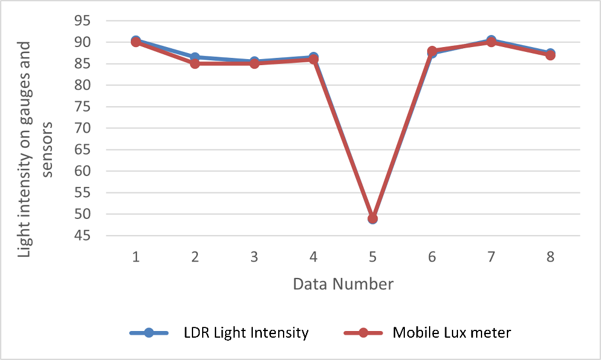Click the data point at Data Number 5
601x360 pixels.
click(372, 218)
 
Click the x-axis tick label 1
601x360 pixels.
click(136, 257)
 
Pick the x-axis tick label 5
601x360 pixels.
click(372, 257)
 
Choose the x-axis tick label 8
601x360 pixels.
click(550, 257)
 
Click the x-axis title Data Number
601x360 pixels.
click(343, 283)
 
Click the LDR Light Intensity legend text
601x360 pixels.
click(246, 332)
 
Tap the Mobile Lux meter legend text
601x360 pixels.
click(451, 332)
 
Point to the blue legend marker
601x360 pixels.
click(150, 332)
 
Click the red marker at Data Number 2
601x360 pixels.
click(195, 63)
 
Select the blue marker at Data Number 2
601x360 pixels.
click(195, 57)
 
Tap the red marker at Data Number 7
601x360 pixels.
click(491, 42)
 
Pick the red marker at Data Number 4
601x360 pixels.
click(313, 60)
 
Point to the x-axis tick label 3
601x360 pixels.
click(254, 257)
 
